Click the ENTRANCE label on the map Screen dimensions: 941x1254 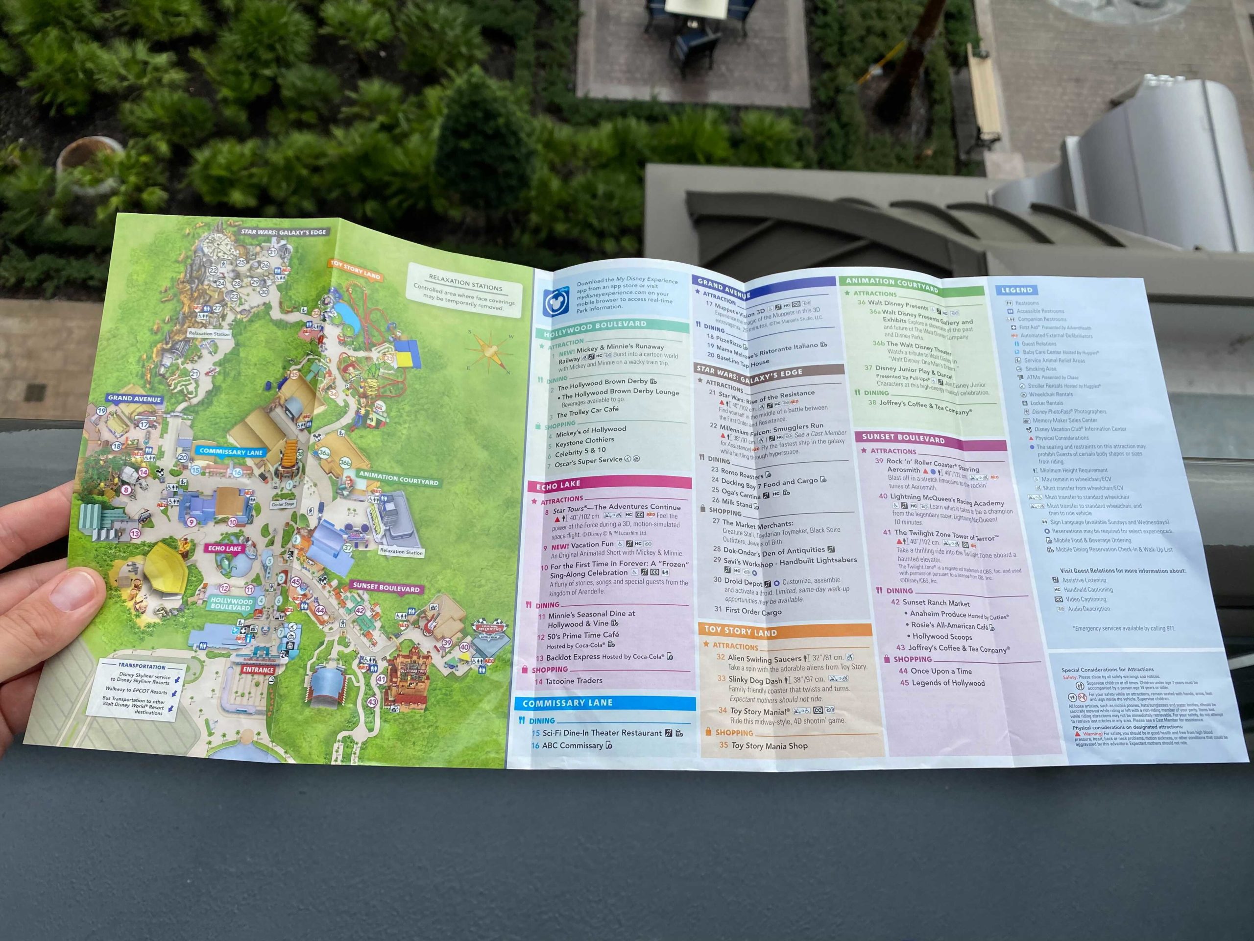(x=258, y=670)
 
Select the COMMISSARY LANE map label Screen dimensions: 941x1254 (x=231, y=451)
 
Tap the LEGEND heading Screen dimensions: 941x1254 (x=1017, y=290)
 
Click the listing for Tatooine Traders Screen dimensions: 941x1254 (x=573, y=681)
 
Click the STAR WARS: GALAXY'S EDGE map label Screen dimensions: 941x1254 (x=284, y=232)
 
